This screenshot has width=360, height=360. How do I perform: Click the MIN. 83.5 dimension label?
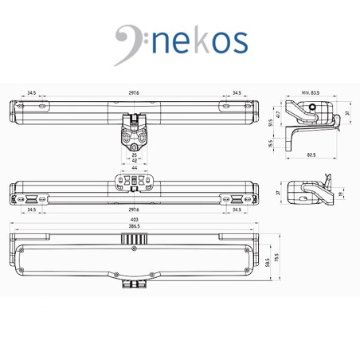tap(310, 94)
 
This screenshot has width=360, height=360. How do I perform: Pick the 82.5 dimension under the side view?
tap(310, 155)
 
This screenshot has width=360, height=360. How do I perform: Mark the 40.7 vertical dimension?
tap(278, 114)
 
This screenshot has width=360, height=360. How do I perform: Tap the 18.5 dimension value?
tap(270, 145)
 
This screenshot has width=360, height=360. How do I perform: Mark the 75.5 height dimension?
tap(278, 258)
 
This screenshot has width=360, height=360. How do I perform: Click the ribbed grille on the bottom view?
tap(132, 237)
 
